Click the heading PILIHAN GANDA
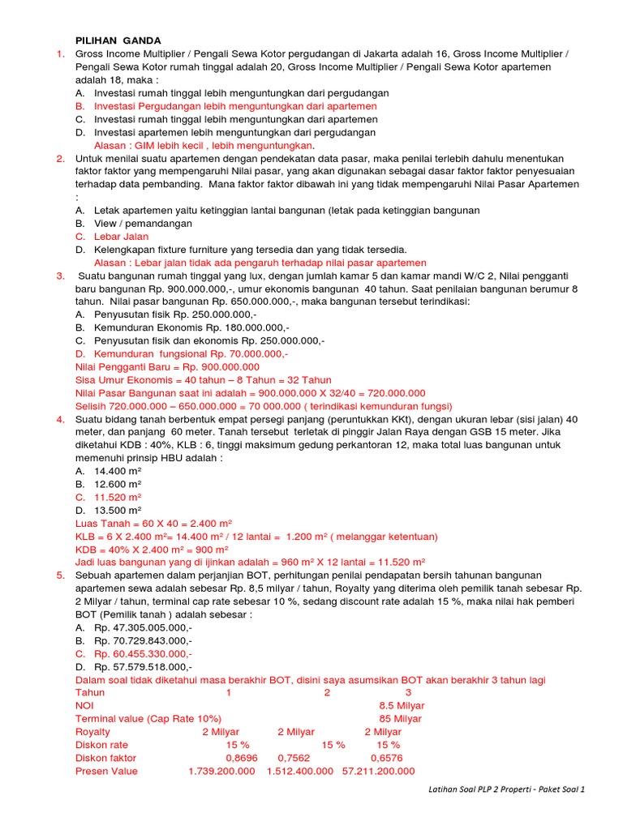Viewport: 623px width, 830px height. (118, 40)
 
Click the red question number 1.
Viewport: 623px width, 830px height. (60, 53)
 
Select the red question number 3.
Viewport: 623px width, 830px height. (60, 276)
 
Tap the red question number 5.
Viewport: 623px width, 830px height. (60, 575)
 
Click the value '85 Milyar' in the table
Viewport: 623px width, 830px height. (400, 719)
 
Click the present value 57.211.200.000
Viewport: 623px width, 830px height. (378, 771)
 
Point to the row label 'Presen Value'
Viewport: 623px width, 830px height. (106, 771)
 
